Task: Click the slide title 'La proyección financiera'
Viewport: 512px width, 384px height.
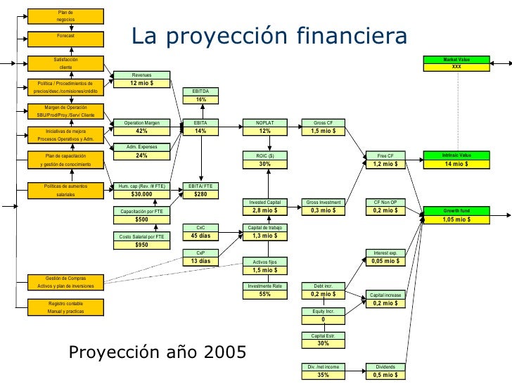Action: (x=269, y=36)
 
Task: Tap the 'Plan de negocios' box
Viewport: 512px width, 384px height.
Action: (x=65, y=15)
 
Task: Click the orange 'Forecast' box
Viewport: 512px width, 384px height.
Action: (x=65, y=35)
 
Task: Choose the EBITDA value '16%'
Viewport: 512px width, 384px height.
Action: (x=201, y=99)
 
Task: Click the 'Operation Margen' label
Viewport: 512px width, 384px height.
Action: (x=141, y=123)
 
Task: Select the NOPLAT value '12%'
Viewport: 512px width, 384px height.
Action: (x=264, y=131)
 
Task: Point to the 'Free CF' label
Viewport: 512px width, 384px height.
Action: (x=386, y=155)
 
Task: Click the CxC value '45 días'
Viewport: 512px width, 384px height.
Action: (x=201, y=236)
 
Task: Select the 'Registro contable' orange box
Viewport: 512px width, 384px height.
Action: (x=65, y=307)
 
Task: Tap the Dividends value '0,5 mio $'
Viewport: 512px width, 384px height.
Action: (x=386, y=375)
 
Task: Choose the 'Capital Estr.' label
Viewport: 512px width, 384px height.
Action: (x=324, y=336)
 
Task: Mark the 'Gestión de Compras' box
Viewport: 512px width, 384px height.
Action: (x=65, y=282)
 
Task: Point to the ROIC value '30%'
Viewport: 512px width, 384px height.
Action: (x=264, y=163)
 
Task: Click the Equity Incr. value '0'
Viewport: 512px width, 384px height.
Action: (x=324, y=319)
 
